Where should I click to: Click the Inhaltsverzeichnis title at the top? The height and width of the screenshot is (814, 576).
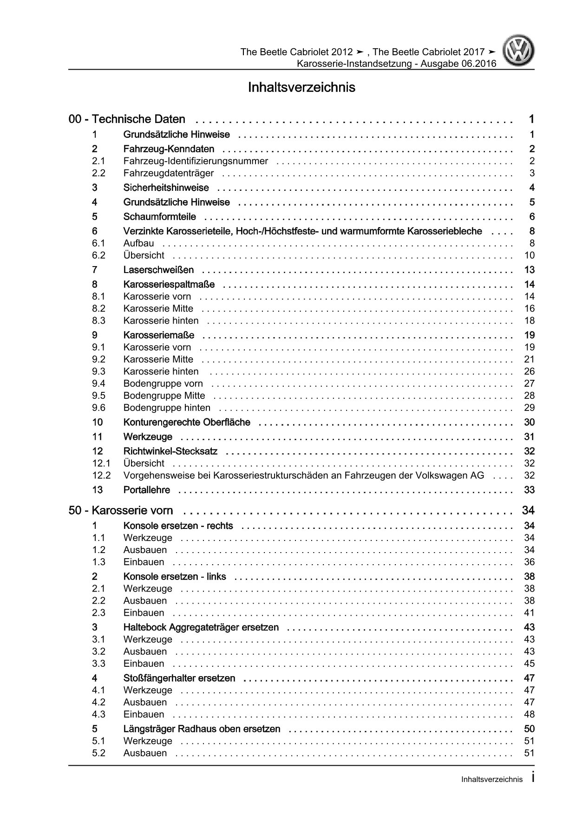click(301, 87)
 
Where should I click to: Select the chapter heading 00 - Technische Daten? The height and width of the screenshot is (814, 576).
click(127, 119)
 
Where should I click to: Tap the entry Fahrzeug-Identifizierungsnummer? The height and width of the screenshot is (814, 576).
click(196, 161)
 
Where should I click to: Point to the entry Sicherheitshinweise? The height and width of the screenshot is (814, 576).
click(166, 188)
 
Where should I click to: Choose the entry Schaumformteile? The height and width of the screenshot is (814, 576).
click(159, 217)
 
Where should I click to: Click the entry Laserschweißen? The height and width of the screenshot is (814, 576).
click(158, 270)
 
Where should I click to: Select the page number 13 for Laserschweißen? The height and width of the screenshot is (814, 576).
click(529, 270)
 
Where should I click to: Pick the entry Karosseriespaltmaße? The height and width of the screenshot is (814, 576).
click(169, 284)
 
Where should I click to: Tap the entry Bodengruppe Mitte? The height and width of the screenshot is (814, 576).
click(164, 396)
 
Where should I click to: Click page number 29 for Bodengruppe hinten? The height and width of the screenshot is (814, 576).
click(529, 408)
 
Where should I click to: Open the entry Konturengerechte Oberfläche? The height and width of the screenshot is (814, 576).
click(187, 422)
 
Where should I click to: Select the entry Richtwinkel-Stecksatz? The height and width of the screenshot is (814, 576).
click(170, 451)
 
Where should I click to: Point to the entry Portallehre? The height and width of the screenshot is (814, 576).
click(147, 490)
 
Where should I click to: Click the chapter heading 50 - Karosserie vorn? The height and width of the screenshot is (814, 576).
click(121, 510)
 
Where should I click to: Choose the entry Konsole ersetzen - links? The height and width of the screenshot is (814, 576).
click(175, 576)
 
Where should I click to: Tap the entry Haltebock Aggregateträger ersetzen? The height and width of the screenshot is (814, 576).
click(201, 627)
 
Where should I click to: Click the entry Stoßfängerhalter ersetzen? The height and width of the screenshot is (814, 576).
click(179, 678)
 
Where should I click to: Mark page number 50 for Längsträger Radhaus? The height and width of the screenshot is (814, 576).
click(529, 729)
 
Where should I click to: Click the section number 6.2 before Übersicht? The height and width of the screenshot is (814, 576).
click(99, 255)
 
